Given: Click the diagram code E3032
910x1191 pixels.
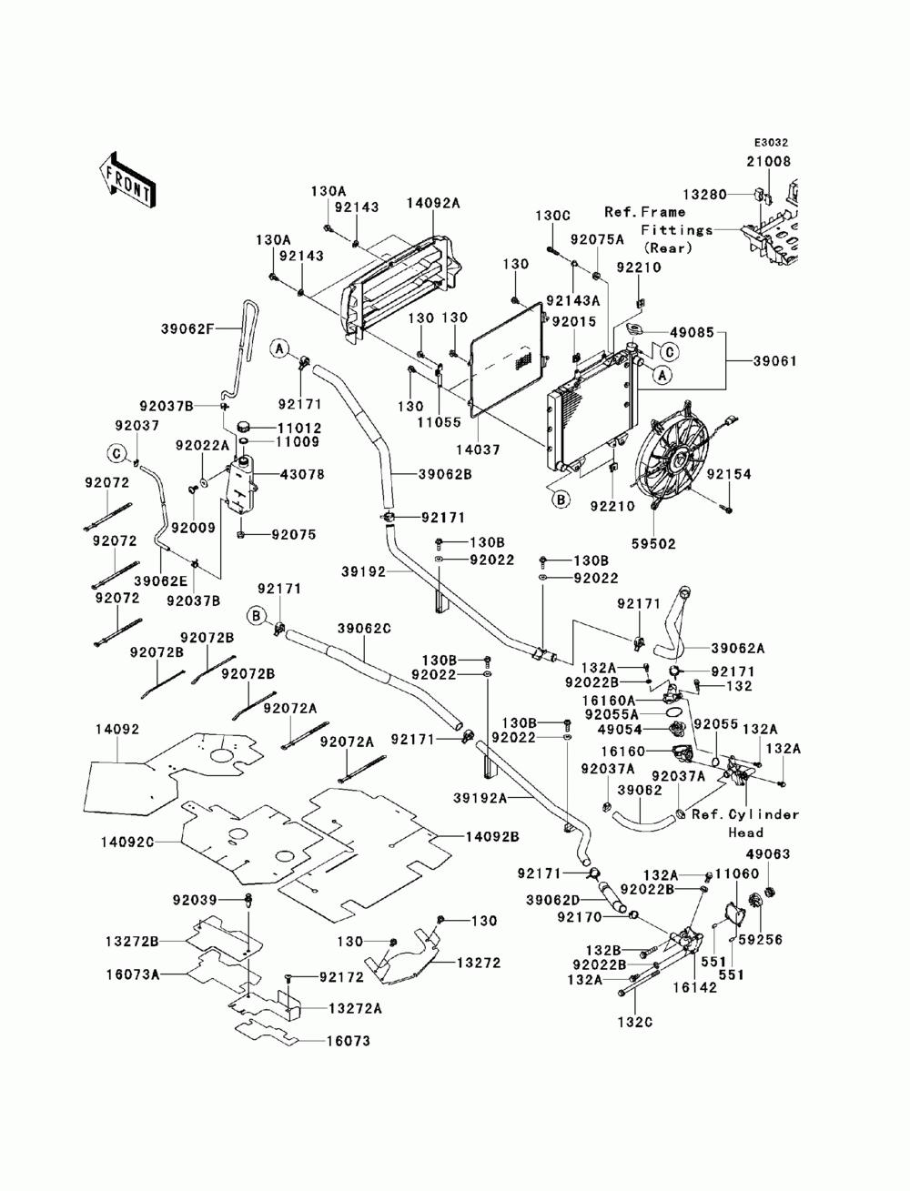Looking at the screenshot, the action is point(770,143).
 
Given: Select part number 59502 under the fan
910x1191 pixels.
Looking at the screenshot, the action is point(653,543).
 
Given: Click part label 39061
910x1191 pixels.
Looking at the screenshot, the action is point(775,361).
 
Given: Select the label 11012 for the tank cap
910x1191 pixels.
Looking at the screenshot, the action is point(298,429).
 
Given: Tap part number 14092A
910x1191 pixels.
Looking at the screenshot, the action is point(433,203).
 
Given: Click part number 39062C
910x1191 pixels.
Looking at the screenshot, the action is point(364,629).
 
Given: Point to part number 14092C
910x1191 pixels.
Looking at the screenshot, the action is point(127,843).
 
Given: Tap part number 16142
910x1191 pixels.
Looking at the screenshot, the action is point(695,987).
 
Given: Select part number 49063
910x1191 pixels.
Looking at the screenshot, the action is point(768,854).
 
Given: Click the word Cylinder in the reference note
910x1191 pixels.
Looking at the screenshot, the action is point(764,814).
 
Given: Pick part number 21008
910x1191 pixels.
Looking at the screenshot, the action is point(769,162).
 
